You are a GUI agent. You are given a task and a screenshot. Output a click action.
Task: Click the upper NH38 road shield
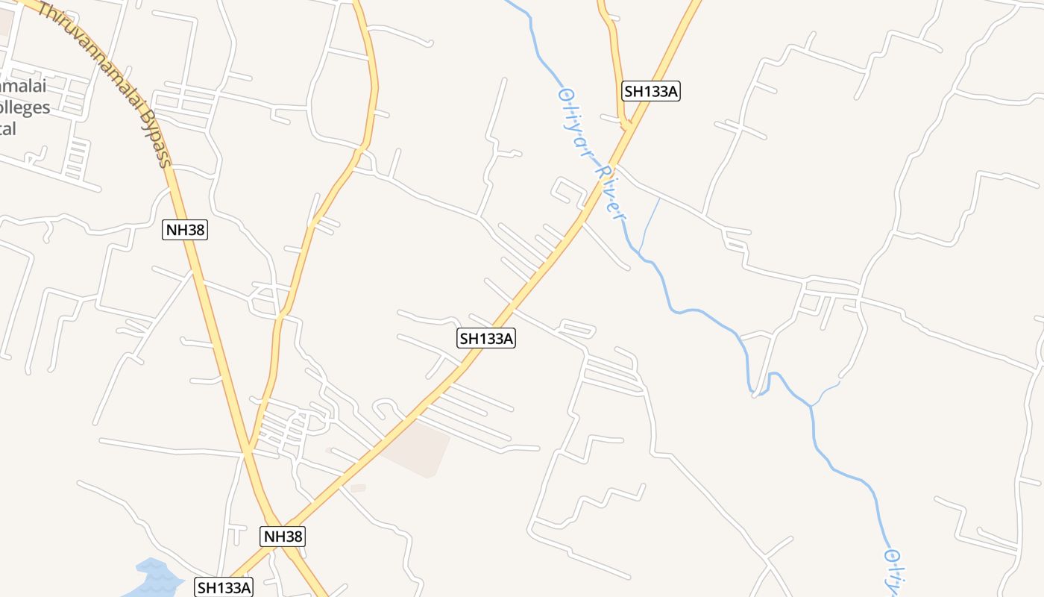point(184,229)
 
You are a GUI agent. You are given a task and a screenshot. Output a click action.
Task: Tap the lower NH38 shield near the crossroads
point(283,536)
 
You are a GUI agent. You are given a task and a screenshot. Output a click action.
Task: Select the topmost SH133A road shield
point(651,91)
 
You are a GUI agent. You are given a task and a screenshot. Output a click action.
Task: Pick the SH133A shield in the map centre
point(486,338)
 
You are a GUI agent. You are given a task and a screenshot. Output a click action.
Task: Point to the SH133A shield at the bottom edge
point(224,587)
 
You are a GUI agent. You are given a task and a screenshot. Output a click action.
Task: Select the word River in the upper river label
point(608,191)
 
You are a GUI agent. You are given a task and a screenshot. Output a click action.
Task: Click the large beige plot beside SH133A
point(418,448)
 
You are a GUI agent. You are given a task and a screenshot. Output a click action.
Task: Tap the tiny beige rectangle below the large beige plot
point(358,488)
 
